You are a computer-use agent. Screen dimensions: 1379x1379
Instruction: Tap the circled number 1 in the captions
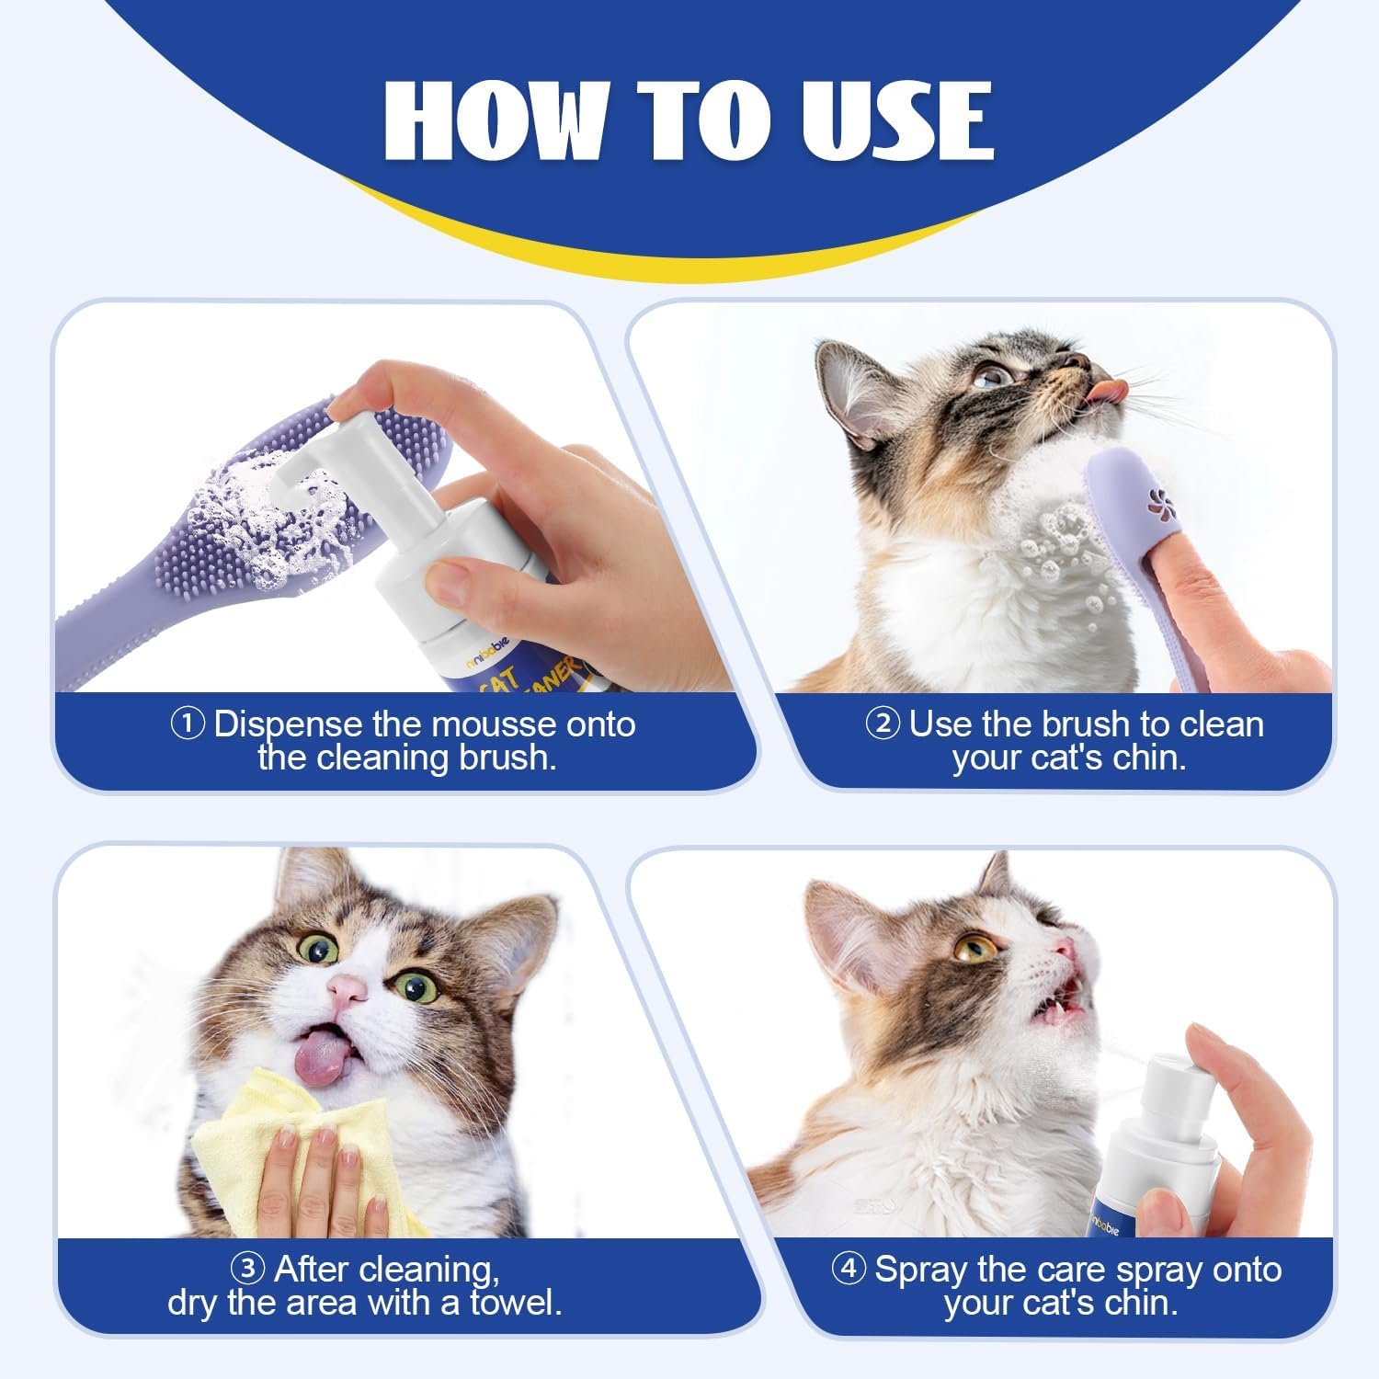click(188, 724)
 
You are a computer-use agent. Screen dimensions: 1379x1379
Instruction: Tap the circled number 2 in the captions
click(883, 724)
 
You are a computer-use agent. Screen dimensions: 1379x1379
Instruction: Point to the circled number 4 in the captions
click(849, 1270)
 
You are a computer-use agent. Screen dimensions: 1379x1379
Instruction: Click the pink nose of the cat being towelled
click(347, 989)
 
